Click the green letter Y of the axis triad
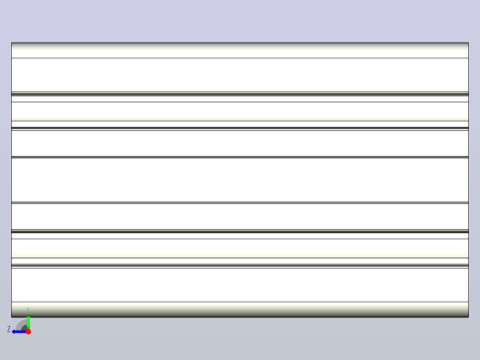(x=28, y=309)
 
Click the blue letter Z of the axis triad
(x=8, y=330)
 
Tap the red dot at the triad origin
(x=29, y=331)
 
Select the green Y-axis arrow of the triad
(x=29, y=322)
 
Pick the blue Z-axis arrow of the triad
(x=19, y=331)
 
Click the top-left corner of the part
(x=11, y=42)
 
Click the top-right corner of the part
(x=469, y=42)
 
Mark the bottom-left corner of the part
(x=11, y=317)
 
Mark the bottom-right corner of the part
(x=469, y=317)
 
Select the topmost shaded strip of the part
(x=240, y=50)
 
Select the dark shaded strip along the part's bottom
(x=240, y=309)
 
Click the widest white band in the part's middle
(x=240, y=180)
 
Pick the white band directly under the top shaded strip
(x=240, y=75)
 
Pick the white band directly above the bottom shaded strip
(x=240, y=285)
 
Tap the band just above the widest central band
(x=240, y=144)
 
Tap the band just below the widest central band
(x=240, y=216)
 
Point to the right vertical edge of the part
(x=469, y=180)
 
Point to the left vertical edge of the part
(x=11, y=180)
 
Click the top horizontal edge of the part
(x=240, y=42)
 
